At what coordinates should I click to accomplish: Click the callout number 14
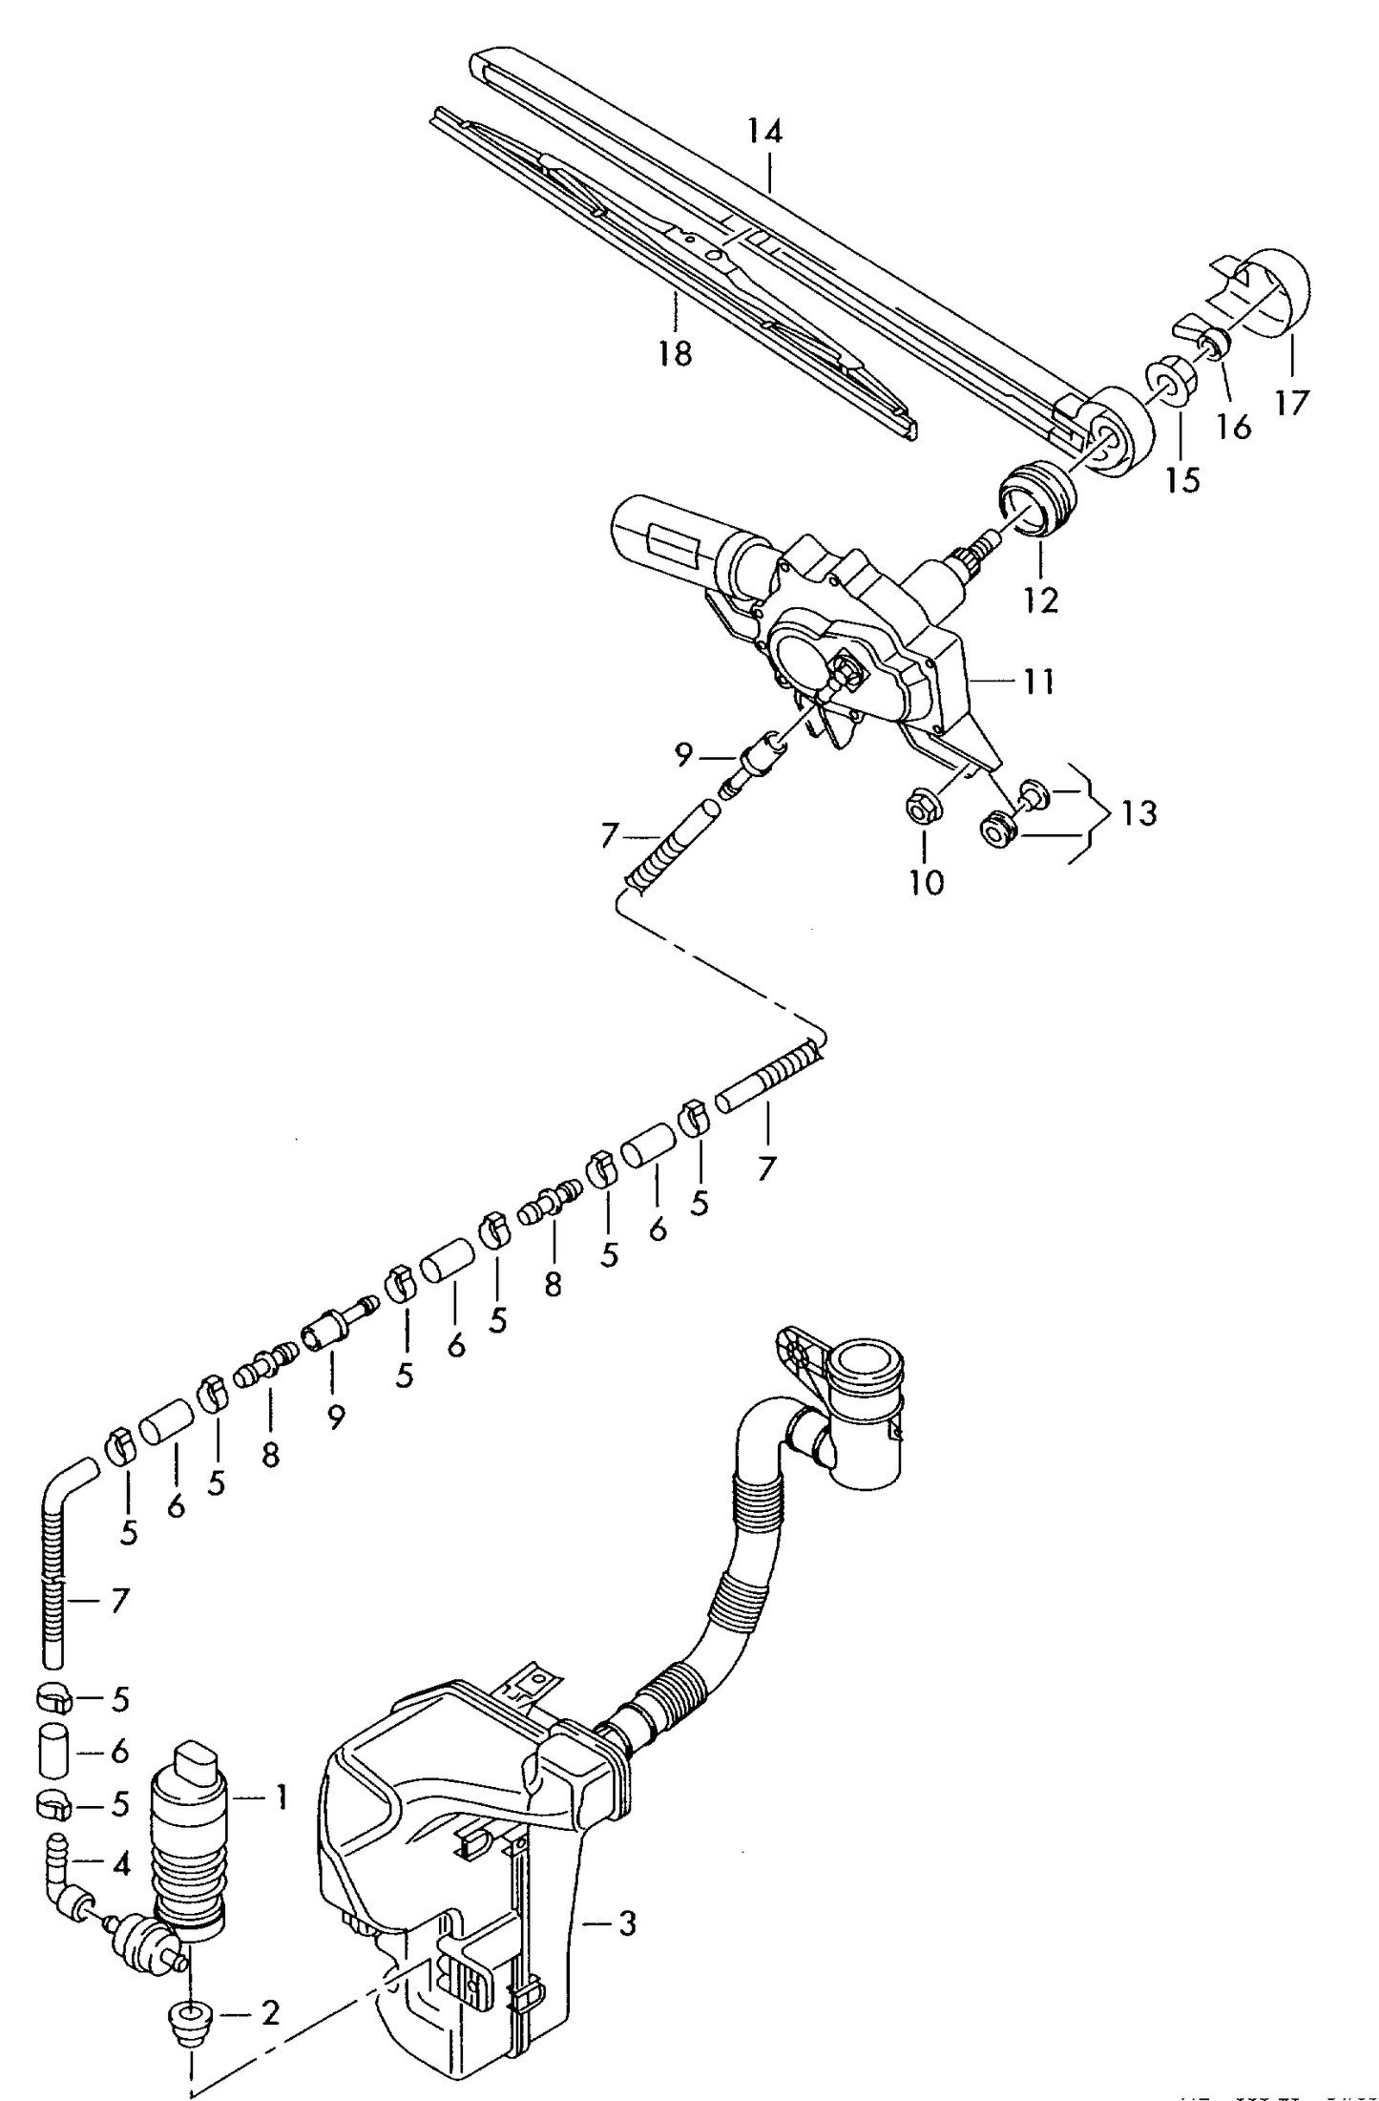[x=764, y=131]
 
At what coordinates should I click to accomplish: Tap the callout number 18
[x=674, y=354]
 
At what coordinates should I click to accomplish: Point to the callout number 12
[x=1042, y=600]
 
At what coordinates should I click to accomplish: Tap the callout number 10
[x=926, y=882]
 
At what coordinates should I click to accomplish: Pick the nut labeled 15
[x=1172, y=381]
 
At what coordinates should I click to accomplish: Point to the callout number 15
[x=1182, y=480]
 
